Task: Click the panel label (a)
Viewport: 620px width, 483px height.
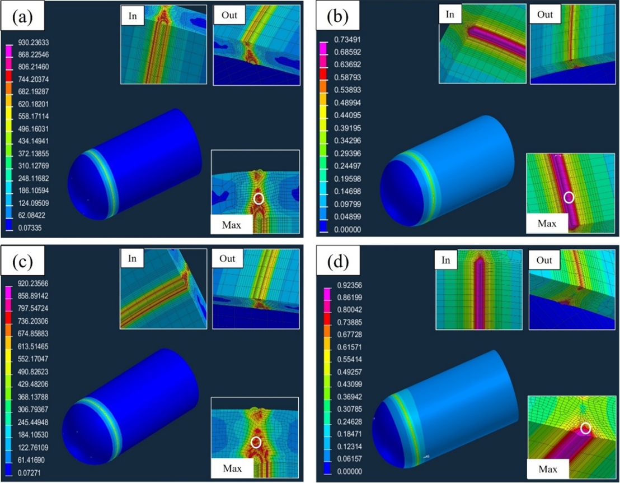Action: point(22,17)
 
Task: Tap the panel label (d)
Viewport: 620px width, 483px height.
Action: point(338,262)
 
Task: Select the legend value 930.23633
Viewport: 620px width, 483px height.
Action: point(34,43)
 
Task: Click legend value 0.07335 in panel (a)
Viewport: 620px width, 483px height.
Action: point(30,227)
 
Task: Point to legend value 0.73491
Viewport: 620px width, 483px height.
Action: point(348,40)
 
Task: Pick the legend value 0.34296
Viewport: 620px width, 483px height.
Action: point(348,141)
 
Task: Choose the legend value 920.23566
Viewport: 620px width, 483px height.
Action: point(33,284)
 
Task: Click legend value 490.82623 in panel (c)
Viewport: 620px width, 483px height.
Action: point(33,371)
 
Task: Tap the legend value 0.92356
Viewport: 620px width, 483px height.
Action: point(350,285)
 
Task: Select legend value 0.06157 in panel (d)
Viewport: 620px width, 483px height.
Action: point(350,459)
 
